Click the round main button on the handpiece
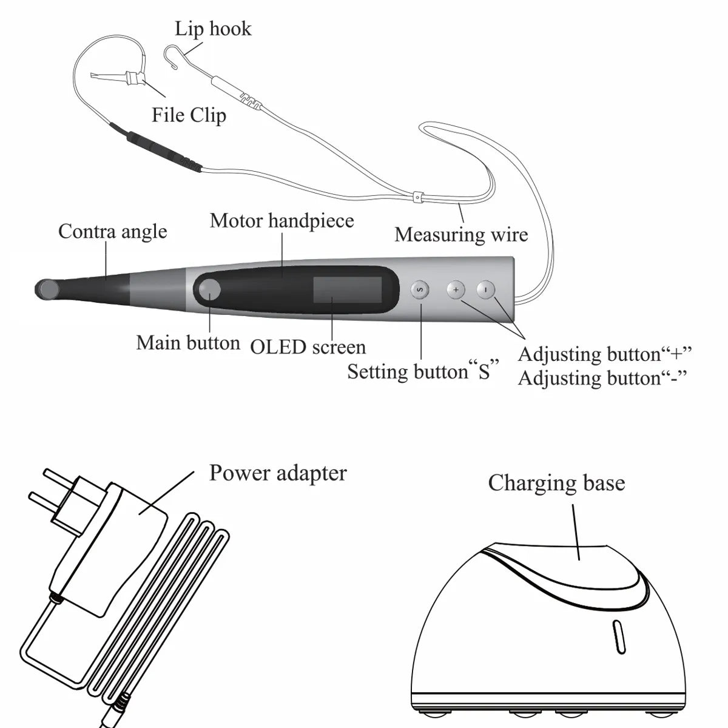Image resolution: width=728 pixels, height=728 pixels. click(210, 290)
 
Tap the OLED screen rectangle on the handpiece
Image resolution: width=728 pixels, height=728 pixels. click(347, 291)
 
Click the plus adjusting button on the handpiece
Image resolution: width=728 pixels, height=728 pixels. click(456, 290)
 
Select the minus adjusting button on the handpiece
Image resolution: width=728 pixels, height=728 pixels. click(486, 290)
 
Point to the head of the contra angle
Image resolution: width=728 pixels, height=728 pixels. click(45, 289)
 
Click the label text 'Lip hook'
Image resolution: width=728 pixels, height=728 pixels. click(212, 29)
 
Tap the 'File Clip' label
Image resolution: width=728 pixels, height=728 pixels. click(189, 115)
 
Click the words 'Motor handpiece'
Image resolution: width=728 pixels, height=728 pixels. click(281, 220)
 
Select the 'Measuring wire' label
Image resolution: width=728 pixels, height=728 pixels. click(461, 234)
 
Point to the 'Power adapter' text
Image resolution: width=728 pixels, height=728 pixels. click(278, 473)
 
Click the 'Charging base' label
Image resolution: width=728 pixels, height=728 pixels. click(556, 483)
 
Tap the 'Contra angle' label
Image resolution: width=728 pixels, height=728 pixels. click(112, 231)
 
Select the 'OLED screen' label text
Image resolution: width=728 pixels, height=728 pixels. click(308, 346)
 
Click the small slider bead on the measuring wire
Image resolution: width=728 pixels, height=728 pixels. click(417, 197)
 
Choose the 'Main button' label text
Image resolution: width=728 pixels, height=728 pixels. click(188, 343)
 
